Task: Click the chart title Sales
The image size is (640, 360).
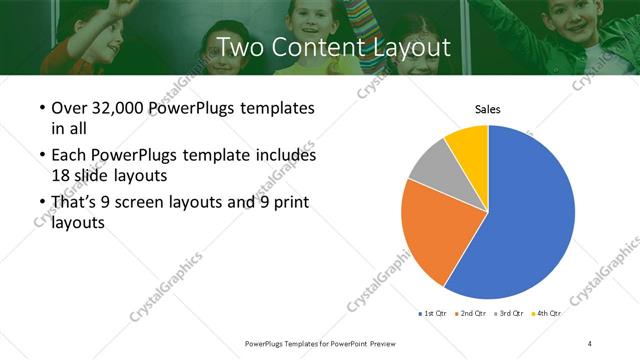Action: click(x=487, y=110)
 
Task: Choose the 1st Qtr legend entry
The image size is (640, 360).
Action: click(x=435, y=313)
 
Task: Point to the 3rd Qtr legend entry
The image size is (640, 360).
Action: click(x=509, y=313)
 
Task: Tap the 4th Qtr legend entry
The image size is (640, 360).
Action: click(x=546, y=313)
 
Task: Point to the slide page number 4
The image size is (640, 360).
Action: click(x=590, y=343)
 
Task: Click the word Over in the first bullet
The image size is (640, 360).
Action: click(x=68, y=108)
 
